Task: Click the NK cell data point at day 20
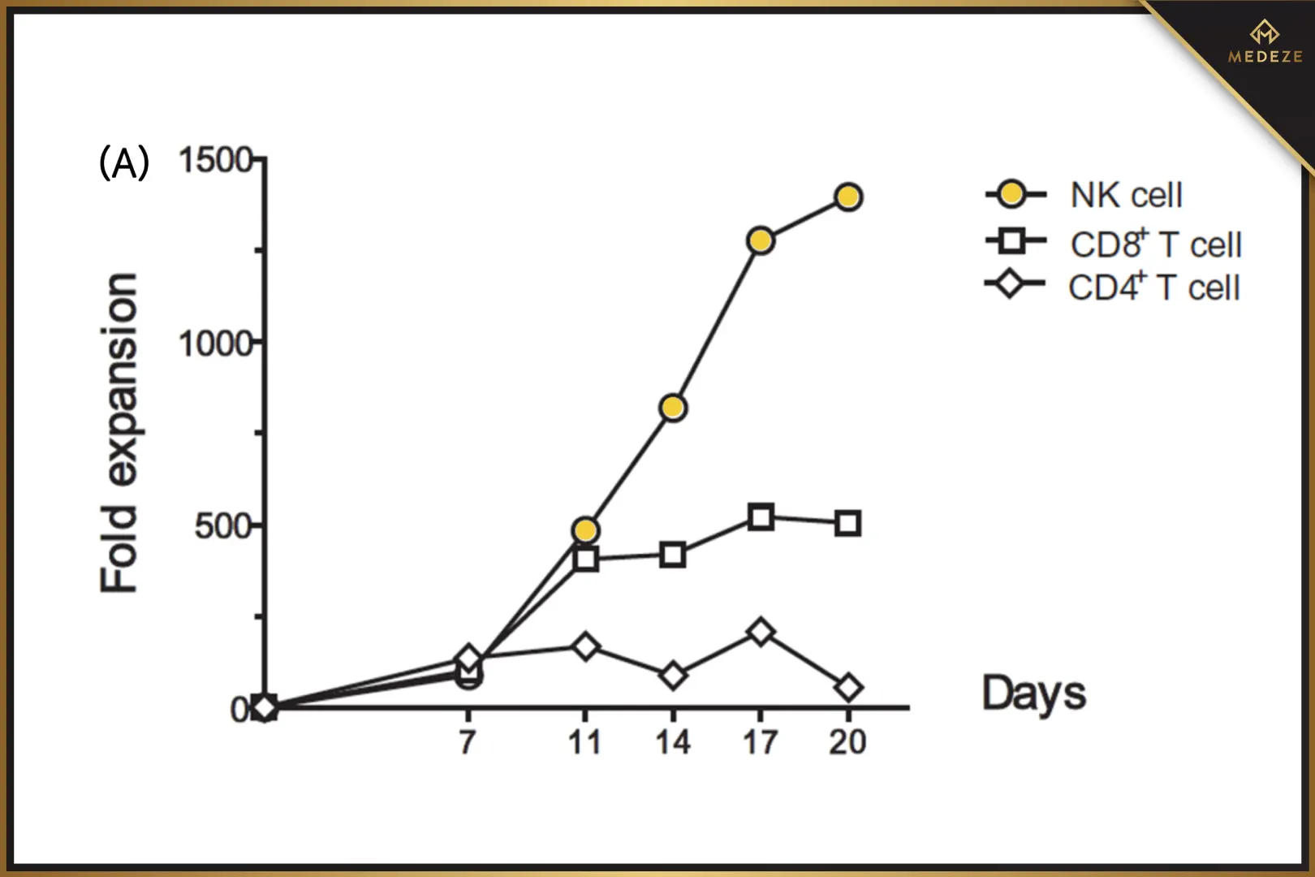coord(848,197)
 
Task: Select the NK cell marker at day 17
coord(761,240)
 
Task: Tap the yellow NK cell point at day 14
coord(673,408)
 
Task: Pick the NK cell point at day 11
coord(585,530)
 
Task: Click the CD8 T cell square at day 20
coord(848,524)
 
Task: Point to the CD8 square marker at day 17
coord(761,516)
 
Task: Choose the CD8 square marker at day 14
coord(673,555)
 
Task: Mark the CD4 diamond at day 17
coord(761,632)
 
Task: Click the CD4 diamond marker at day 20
coord(848,689)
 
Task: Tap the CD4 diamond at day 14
coord(673,675)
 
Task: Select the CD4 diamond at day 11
coord(585,647)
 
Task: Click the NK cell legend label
coord(1126,196)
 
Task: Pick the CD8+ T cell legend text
coord(1156,244)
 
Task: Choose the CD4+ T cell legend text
coord(1153,287)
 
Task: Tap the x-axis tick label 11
coord(584,742)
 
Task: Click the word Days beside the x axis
coord(1034,693)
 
